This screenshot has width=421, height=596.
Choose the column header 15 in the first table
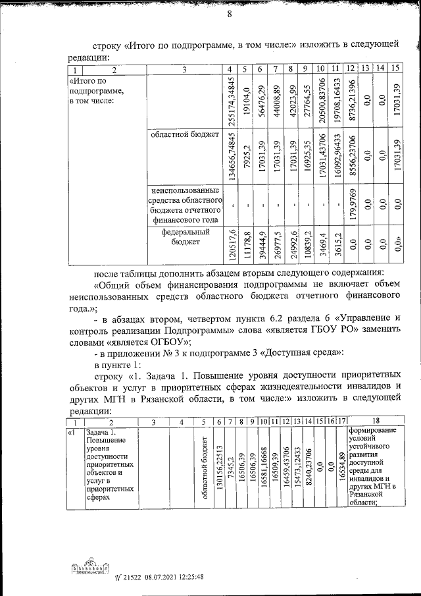(x=395, y=68)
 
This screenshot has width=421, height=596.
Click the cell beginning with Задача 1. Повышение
(x=110, y=464)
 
